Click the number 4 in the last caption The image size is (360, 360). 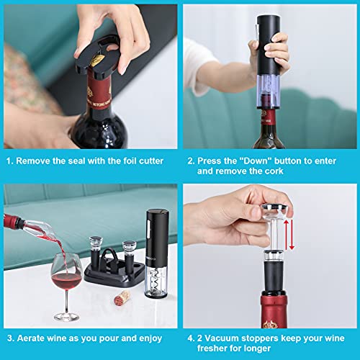coord(192,337)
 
